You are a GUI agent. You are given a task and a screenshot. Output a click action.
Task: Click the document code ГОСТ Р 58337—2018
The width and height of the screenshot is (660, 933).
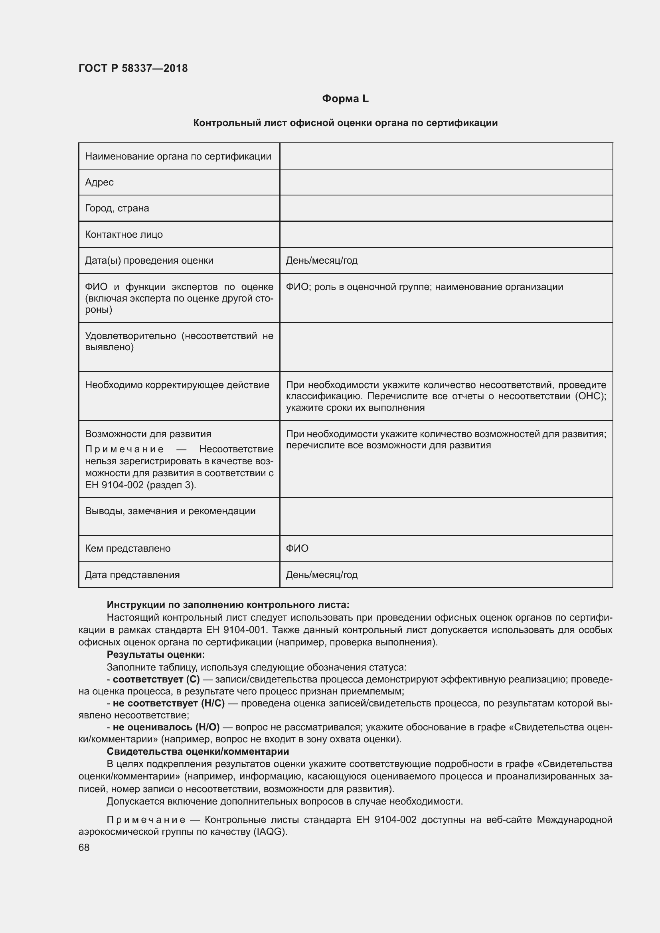click(133, 68)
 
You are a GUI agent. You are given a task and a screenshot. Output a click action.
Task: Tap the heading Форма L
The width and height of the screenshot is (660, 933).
click(345, 99)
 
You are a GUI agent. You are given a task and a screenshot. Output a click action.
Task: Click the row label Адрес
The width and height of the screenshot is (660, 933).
click(99, 182)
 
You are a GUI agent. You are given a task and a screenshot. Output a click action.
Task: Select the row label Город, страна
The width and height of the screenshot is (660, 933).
click(117, 209)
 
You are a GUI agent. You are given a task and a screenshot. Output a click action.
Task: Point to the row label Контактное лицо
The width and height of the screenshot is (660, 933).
click(124, 235)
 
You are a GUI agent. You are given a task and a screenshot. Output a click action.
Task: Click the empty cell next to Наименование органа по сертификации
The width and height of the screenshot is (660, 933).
click(446, 156)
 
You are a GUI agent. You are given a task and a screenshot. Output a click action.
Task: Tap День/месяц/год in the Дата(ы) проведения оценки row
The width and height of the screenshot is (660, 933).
click(322, 260)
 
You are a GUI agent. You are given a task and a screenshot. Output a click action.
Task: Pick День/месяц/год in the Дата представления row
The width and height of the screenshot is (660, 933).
click(322, 574)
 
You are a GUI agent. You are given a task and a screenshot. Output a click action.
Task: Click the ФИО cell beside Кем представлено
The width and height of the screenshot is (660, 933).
click(297, 548)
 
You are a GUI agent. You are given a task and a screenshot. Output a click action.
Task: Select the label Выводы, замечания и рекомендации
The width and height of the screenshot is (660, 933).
click(170, 511)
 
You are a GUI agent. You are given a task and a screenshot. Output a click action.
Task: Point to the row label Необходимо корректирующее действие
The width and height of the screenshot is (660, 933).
click(177, 385)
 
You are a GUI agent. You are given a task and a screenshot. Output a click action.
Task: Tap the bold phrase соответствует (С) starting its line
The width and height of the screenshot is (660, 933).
click(156, 679)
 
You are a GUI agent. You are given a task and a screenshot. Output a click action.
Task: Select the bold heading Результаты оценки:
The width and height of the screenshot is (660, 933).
click(156, 655)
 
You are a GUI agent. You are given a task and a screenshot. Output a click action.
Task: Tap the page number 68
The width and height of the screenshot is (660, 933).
click(84, 848)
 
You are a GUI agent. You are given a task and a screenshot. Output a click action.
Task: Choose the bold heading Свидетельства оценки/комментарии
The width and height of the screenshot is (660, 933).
click(198, 752)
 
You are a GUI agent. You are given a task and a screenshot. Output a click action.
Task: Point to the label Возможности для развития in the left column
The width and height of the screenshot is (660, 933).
click(148, 434)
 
